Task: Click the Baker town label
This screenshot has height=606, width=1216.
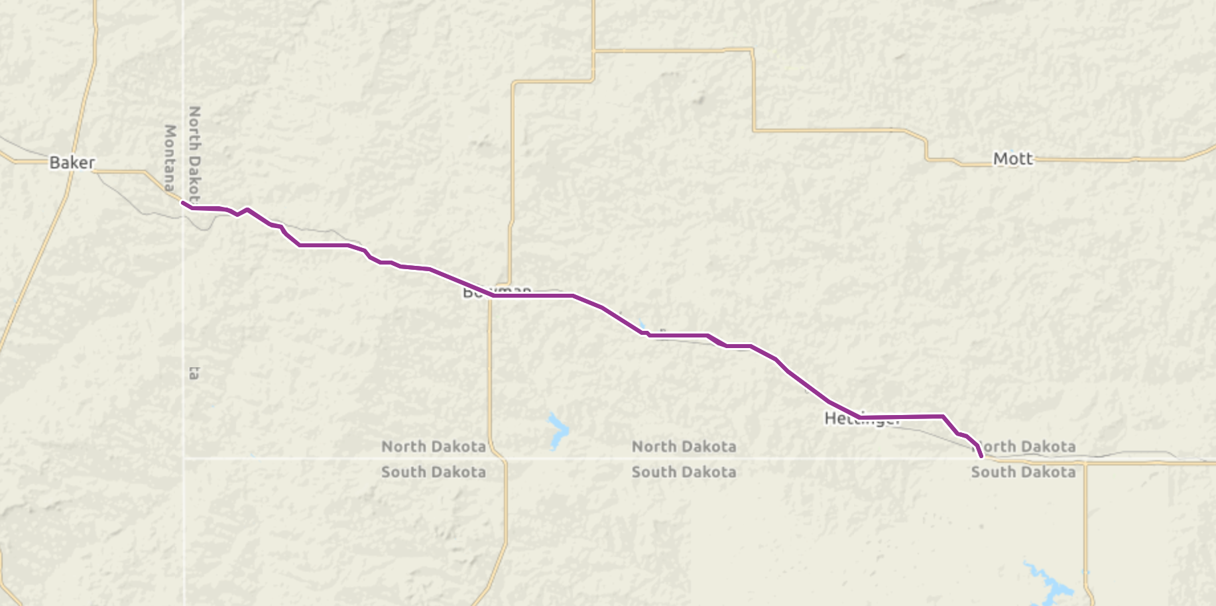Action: [72, 162]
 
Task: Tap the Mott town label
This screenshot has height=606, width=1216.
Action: [1012, 158]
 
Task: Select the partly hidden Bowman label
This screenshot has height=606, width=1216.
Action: [497, 290]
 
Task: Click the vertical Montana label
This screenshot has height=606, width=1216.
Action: [170, 157]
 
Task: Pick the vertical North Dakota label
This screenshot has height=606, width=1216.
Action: [194, 154]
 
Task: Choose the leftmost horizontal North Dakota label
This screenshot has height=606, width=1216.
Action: [434, 447]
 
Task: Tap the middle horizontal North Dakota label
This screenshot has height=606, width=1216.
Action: [684, 447]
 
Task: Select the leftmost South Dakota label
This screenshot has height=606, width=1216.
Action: [434, 472]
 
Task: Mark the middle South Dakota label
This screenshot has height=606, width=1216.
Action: [684, 472]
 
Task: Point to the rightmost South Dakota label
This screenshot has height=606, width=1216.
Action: [1023, 472]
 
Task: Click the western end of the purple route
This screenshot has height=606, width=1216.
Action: [183, 203]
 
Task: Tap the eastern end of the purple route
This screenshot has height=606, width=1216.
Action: [981, 456]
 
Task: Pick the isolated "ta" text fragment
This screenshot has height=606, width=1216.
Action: [194, 373]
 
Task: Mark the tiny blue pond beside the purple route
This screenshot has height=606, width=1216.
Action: [641, 326]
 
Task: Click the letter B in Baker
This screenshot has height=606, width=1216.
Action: [55, 162]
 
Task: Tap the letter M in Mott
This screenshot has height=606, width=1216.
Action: [1001, 158]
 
